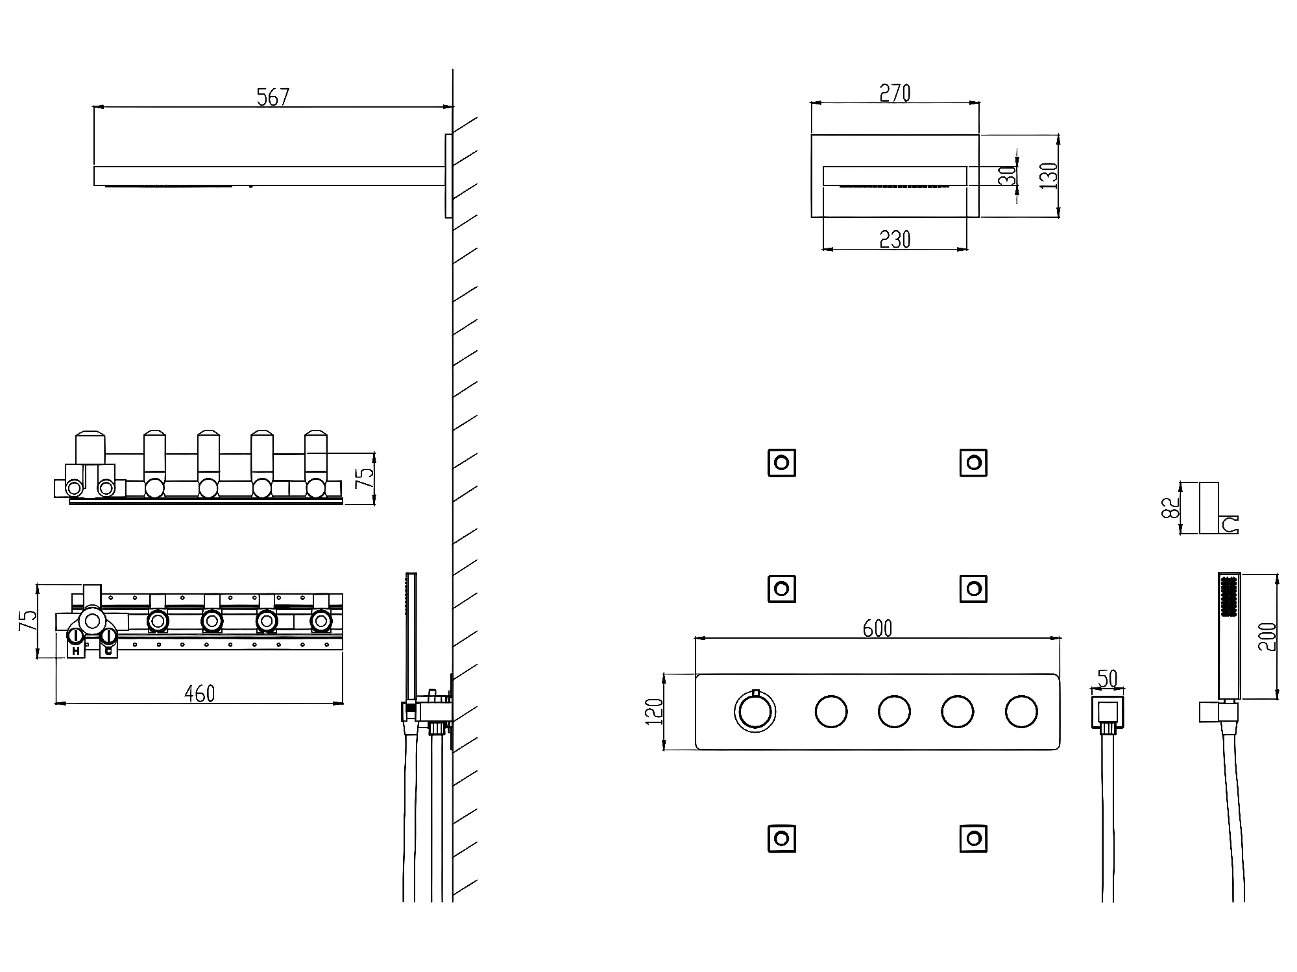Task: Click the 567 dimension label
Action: pos(273,97)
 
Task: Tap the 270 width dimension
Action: pos(895,93)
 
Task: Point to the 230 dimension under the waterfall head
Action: pos(895,240)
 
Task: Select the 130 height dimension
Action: pos(1049,176)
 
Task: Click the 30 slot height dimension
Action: pos(1007,176)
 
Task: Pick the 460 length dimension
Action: pos(199,694)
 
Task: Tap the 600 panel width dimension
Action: pos(877,628)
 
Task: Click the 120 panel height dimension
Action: pos(655,711)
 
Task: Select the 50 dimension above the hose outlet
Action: pos(1108,678)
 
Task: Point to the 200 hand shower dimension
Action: pos(1267,636)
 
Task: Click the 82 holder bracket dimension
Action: pos(1169,508)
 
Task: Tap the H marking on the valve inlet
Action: pos(76,649)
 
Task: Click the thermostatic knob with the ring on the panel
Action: pos(755,711)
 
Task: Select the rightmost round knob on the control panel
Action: pos(1021,712)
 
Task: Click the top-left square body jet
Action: pos(781,463)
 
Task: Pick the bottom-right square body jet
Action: pos(973,838)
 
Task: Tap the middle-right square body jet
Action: pos(973,589)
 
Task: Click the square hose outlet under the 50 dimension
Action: pos(1108,713)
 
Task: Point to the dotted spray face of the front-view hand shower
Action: pos(1228,597)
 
